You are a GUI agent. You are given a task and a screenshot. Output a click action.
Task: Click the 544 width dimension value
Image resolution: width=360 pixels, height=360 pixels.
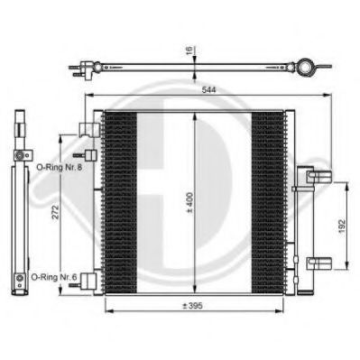[x=208, y=89]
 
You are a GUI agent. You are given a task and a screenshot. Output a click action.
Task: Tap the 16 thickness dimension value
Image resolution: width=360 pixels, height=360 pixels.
[x=189, y=51]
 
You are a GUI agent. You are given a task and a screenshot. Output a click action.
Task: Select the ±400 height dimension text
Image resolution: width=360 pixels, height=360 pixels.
[x=189, y=202]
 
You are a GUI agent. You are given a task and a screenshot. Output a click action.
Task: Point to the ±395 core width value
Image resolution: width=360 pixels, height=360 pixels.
[x=193, y=306]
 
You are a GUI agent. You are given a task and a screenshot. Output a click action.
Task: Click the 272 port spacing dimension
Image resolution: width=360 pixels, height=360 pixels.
[x=56, y=212]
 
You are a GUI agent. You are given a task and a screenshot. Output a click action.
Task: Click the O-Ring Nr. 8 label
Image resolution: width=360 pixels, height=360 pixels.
[x=60, y=167]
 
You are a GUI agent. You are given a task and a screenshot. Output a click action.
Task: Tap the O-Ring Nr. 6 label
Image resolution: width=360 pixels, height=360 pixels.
[x=54, y=277]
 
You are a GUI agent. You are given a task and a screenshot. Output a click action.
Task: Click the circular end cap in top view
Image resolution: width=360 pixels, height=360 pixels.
[x=306, y=67]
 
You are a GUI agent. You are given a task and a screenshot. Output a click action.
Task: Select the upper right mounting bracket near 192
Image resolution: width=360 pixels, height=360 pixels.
[x=319, y=176]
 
